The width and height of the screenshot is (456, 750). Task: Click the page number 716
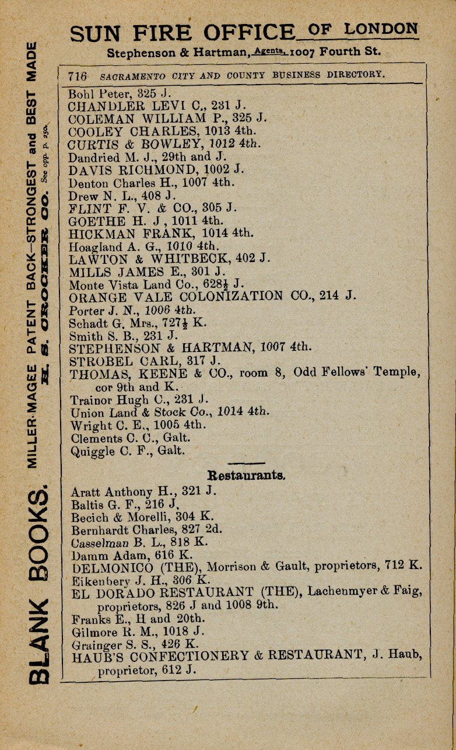click(x=78, y=76)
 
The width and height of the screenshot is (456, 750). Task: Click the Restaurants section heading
click(x=246, y=475)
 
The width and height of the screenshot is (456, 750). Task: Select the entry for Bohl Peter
click(x=120, y=93)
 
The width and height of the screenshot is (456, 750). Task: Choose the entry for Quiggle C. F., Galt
click(x=127, y=451)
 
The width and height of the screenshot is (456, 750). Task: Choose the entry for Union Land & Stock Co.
click(x=169, y=412)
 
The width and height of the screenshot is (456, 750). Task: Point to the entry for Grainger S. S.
click(x=135, y=644)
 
